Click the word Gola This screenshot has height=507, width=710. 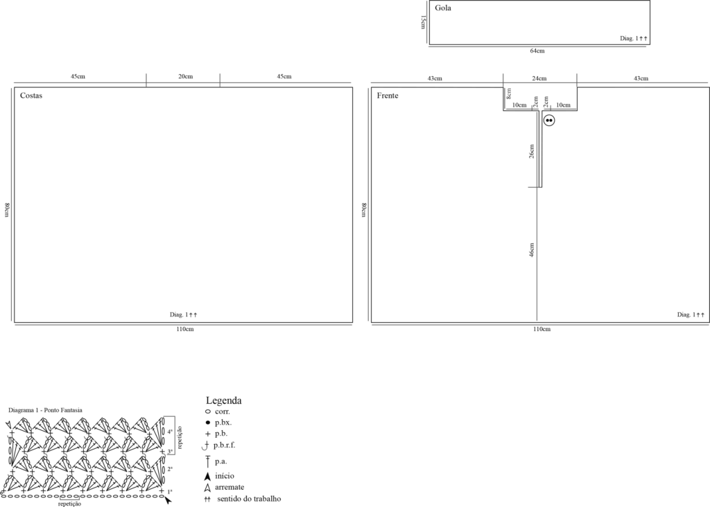[x=443, y=8]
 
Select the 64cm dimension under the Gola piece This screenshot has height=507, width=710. [x=537, y=51]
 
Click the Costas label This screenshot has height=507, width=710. [x=31, y=96]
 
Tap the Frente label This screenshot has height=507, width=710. [x=388, y=96]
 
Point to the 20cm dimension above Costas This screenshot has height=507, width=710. [x=185, y=76]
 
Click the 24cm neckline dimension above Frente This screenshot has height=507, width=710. [x=539, y=78]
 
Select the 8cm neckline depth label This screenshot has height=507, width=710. [x=509, y=94]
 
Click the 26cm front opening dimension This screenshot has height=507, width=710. [x=532, y=152]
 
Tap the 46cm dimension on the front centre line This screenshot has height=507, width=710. [x=532, y=250]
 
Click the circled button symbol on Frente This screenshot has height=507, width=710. [x=549, y=121]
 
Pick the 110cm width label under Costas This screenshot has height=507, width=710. [x=184, y=329]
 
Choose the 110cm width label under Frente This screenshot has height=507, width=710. [x=542, y=329]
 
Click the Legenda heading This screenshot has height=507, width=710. [x=224, y=400]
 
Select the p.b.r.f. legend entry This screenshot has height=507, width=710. [x=224, y=445]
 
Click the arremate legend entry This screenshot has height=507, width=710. [x=230, y=487]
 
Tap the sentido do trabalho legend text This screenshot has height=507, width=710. [x=249, y=499]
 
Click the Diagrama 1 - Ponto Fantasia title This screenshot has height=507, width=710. [x=45, y=410]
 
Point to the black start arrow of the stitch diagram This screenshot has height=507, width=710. [x=168, y=500]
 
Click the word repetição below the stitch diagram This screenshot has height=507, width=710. [x=70, y=504]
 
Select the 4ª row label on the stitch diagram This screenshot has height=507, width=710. [x=170, y=432]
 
